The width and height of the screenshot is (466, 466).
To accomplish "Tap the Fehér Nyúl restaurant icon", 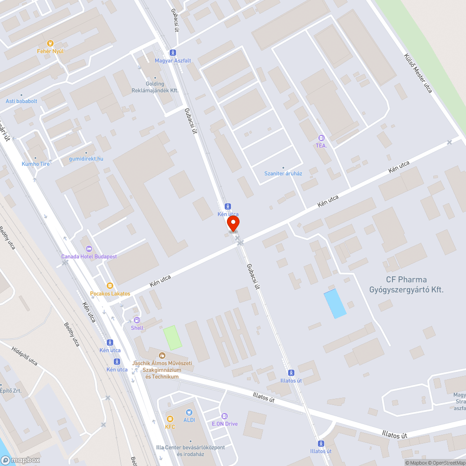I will [x=50, y=43].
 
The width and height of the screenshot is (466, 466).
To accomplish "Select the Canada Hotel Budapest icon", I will [x=89, y=248].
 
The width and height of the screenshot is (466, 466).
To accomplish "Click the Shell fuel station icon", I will [x=137, y=320].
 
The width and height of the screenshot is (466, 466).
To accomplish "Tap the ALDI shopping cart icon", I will [x=189, y=412].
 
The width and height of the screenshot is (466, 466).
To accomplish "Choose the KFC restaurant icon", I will [x=170, y=418].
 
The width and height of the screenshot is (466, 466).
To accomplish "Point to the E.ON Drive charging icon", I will [x=225, y=416].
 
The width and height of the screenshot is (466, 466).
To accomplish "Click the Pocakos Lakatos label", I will [x=110, y=294].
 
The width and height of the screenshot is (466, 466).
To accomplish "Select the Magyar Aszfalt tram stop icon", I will [x=173, y=53].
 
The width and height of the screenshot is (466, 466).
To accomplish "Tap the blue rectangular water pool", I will [x=335, y=303].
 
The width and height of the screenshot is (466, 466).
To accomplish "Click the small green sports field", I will [x=172, y=337].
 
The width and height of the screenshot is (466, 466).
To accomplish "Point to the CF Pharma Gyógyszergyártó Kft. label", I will [x=406, y=285].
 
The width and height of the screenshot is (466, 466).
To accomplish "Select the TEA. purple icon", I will [x=321, y=138].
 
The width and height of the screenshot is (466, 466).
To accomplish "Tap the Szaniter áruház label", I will [x=283, y=174].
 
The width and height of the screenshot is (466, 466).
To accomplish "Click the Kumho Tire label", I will [x=36, y=164].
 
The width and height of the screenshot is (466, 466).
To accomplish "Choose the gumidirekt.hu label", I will [x=86, y=159].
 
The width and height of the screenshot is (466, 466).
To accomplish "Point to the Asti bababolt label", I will [x=21, y=101].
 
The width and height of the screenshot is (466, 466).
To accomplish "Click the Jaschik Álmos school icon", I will [x=162, y=356].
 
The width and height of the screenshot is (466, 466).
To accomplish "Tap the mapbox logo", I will [x=21, y=460].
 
